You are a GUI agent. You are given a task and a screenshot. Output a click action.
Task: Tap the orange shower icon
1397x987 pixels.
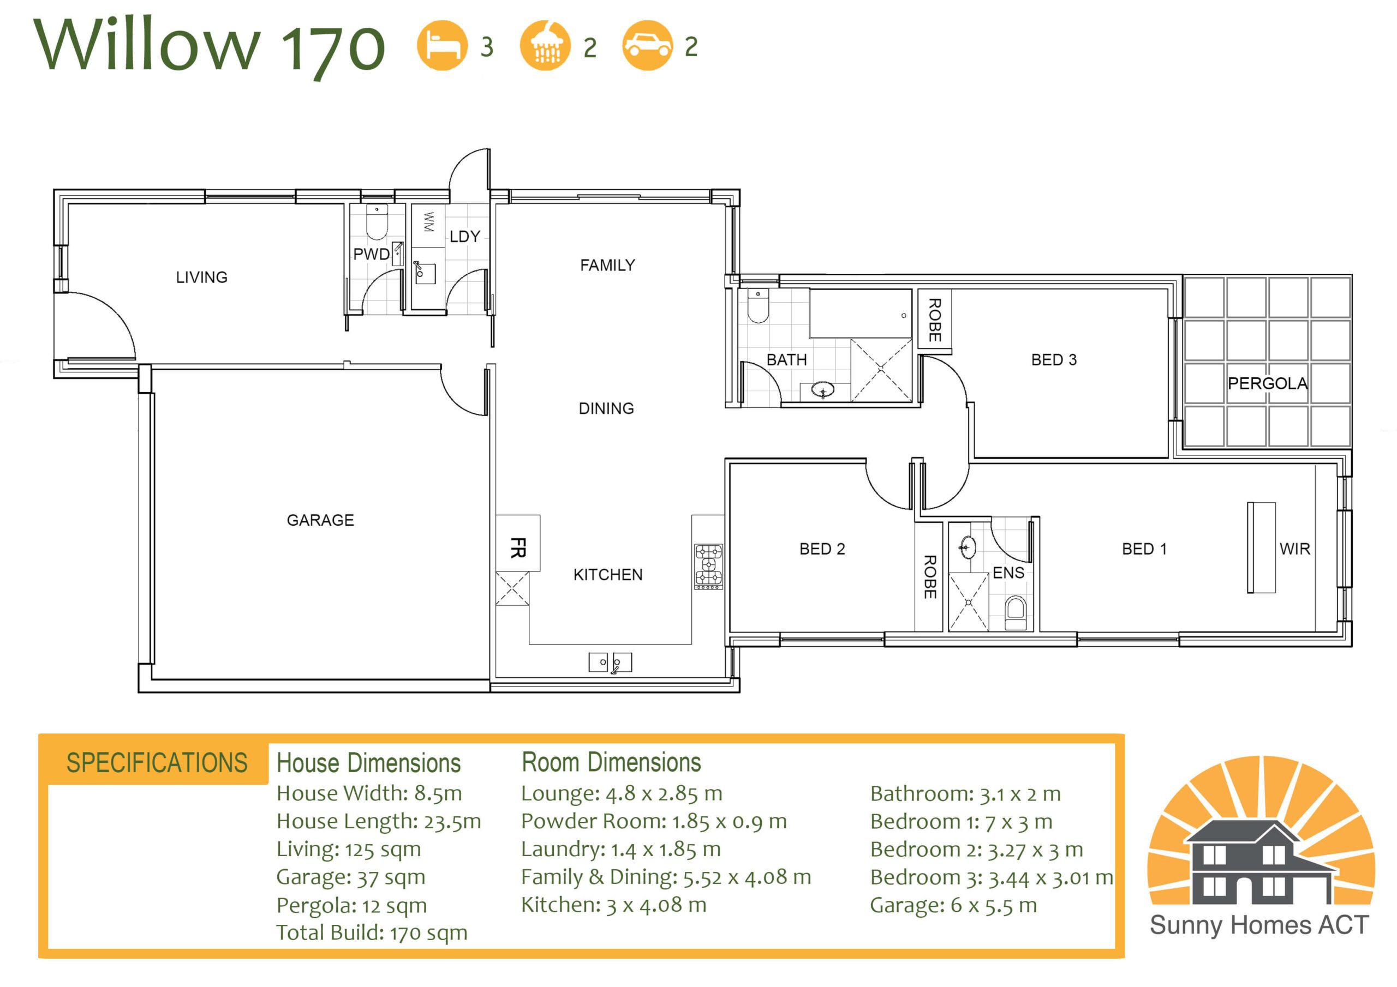[545, 46]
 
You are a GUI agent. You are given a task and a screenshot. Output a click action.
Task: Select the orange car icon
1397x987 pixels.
[647, 46]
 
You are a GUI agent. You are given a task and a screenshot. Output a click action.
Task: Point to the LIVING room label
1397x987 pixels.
[201, 278]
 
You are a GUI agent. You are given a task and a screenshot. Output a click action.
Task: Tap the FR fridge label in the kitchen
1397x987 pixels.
[518, 547]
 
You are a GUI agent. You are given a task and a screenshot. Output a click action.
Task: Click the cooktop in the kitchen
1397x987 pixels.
[709, 567]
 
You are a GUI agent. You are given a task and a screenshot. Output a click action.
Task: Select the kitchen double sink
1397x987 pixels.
[610, 662]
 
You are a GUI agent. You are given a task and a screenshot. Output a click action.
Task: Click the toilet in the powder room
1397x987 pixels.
[377, 222]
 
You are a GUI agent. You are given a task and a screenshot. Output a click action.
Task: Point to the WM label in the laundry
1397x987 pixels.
[428, 222]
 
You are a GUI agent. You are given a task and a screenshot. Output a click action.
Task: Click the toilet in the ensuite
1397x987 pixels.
[1016, 613]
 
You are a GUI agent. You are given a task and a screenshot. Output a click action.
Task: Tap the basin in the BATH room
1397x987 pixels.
[822, 390]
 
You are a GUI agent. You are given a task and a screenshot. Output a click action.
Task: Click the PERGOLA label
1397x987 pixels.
[1268, 383]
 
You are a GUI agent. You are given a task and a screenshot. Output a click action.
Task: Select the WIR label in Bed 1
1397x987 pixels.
[1295, 549]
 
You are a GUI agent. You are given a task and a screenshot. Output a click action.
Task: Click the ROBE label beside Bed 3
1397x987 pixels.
[935, 320]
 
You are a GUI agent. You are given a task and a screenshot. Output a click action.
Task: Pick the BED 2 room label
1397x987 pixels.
[822, 549]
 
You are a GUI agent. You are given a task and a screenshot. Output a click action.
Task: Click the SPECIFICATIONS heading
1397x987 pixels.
[157, 762]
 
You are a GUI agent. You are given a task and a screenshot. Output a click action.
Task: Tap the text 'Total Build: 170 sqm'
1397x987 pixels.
[372, 932]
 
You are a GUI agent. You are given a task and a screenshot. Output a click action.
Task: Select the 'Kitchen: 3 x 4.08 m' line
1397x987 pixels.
[613, 905]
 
